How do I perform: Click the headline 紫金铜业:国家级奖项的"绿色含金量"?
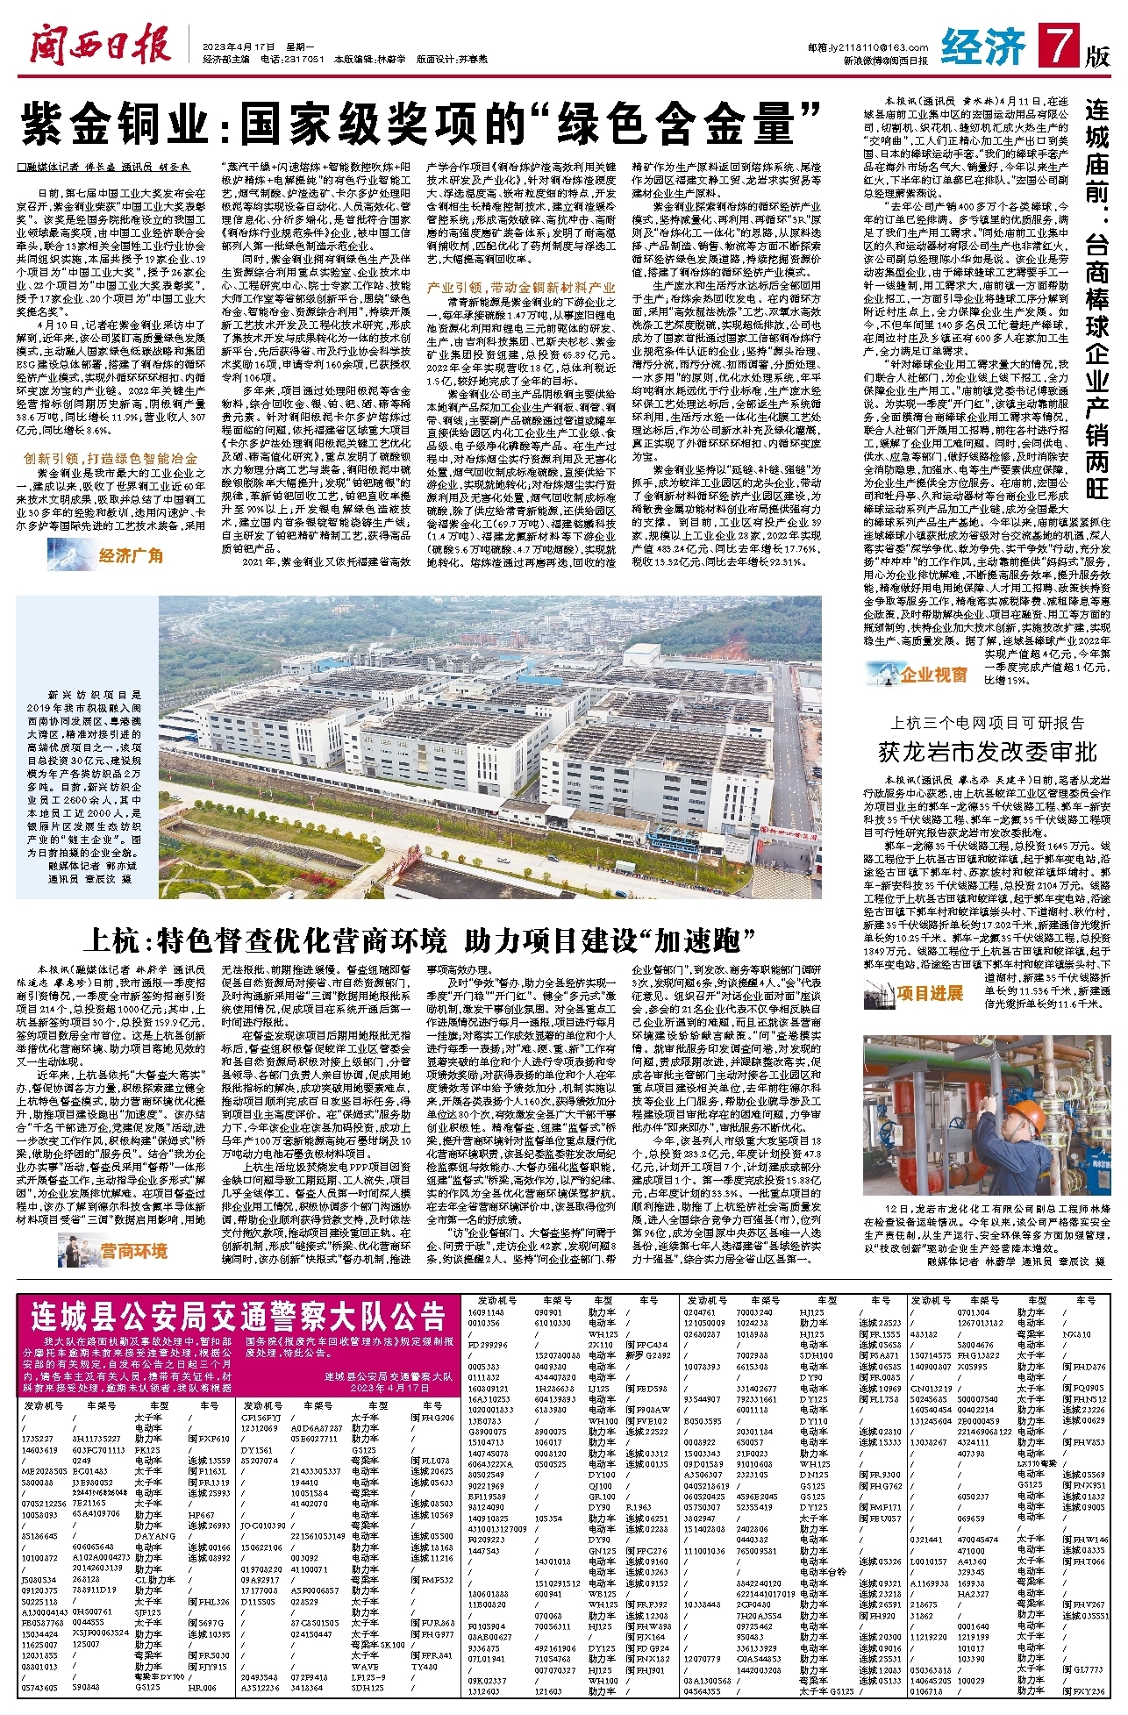tap(420, 123)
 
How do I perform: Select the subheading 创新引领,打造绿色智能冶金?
tap(110, 458)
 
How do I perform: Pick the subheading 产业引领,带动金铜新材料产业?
tap(520, 287)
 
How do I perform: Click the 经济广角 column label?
tap(130, 554)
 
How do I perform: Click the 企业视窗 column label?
tap(933, 675)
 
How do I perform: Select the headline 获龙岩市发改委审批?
tap(987, 751)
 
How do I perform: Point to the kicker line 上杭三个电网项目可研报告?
tap(987, 723)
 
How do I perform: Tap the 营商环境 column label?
tap(132, 1250)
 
